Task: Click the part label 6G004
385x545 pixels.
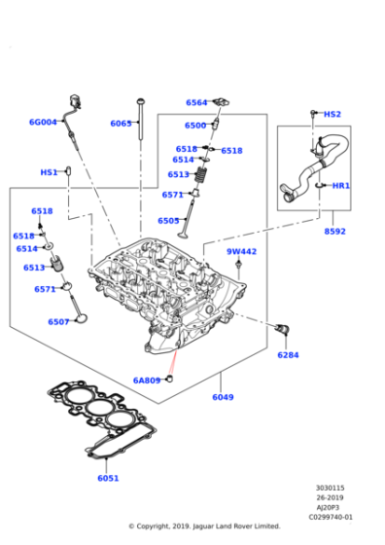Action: (x=43, y=122)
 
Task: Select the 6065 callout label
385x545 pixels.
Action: (x=121, y=124)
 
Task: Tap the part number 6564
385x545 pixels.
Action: (x=196, y=102)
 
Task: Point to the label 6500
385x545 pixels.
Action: (x=195, y=126)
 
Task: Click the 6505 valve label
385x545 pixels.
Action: (x=168, y=221)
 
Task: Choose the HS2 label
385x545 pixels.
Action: (x=332, y=114)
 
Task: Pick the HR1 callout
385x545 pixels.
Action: (x=341, y=186)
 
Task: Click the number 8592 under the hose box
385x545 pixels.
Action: (x=334, y=232)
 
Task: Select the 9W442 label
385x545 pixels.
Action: (x=242, y=252)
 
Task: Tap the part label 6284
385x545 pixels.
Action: (x=288, y=355)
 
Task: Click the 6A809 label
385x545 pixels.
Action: (x=147, y=381)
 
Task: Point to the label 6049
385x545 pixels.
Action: (x=223, y=397)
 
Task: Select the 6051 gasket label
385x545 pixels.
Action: (x=108, y=478)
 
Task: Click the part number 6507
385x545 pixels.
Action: (x=58, y=322)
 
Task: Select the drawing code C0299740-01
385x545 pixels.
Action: (x=331, y=518)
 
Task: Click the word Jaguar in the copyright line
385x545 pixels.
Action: (x=210, y=527)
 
